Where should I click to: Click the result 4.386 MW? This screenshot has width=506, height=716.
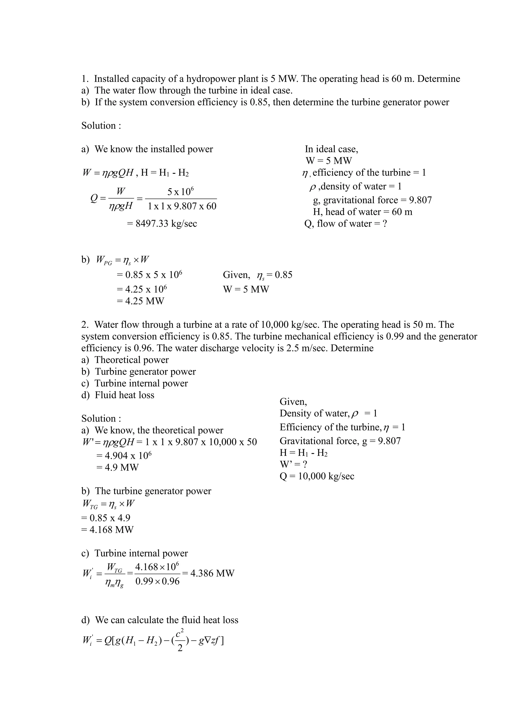tap(212, 573)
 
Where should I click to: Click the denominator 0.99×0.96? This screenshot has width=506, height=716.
tap(158, 581)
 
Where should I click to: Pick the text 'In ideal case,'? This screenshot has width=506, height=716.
tap(332, 149)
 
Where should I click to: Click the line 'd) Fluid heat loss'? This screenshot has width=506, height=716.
tap(118, 395)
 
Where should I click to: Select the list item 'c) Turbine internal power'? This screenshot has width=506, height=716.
tap(135, 383)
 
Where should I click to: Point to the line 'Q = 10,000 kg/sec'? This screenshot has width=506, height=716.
tap(317, 476)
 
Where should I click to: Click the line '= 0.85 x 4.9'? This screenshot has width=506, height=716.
tap(106, 518)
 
